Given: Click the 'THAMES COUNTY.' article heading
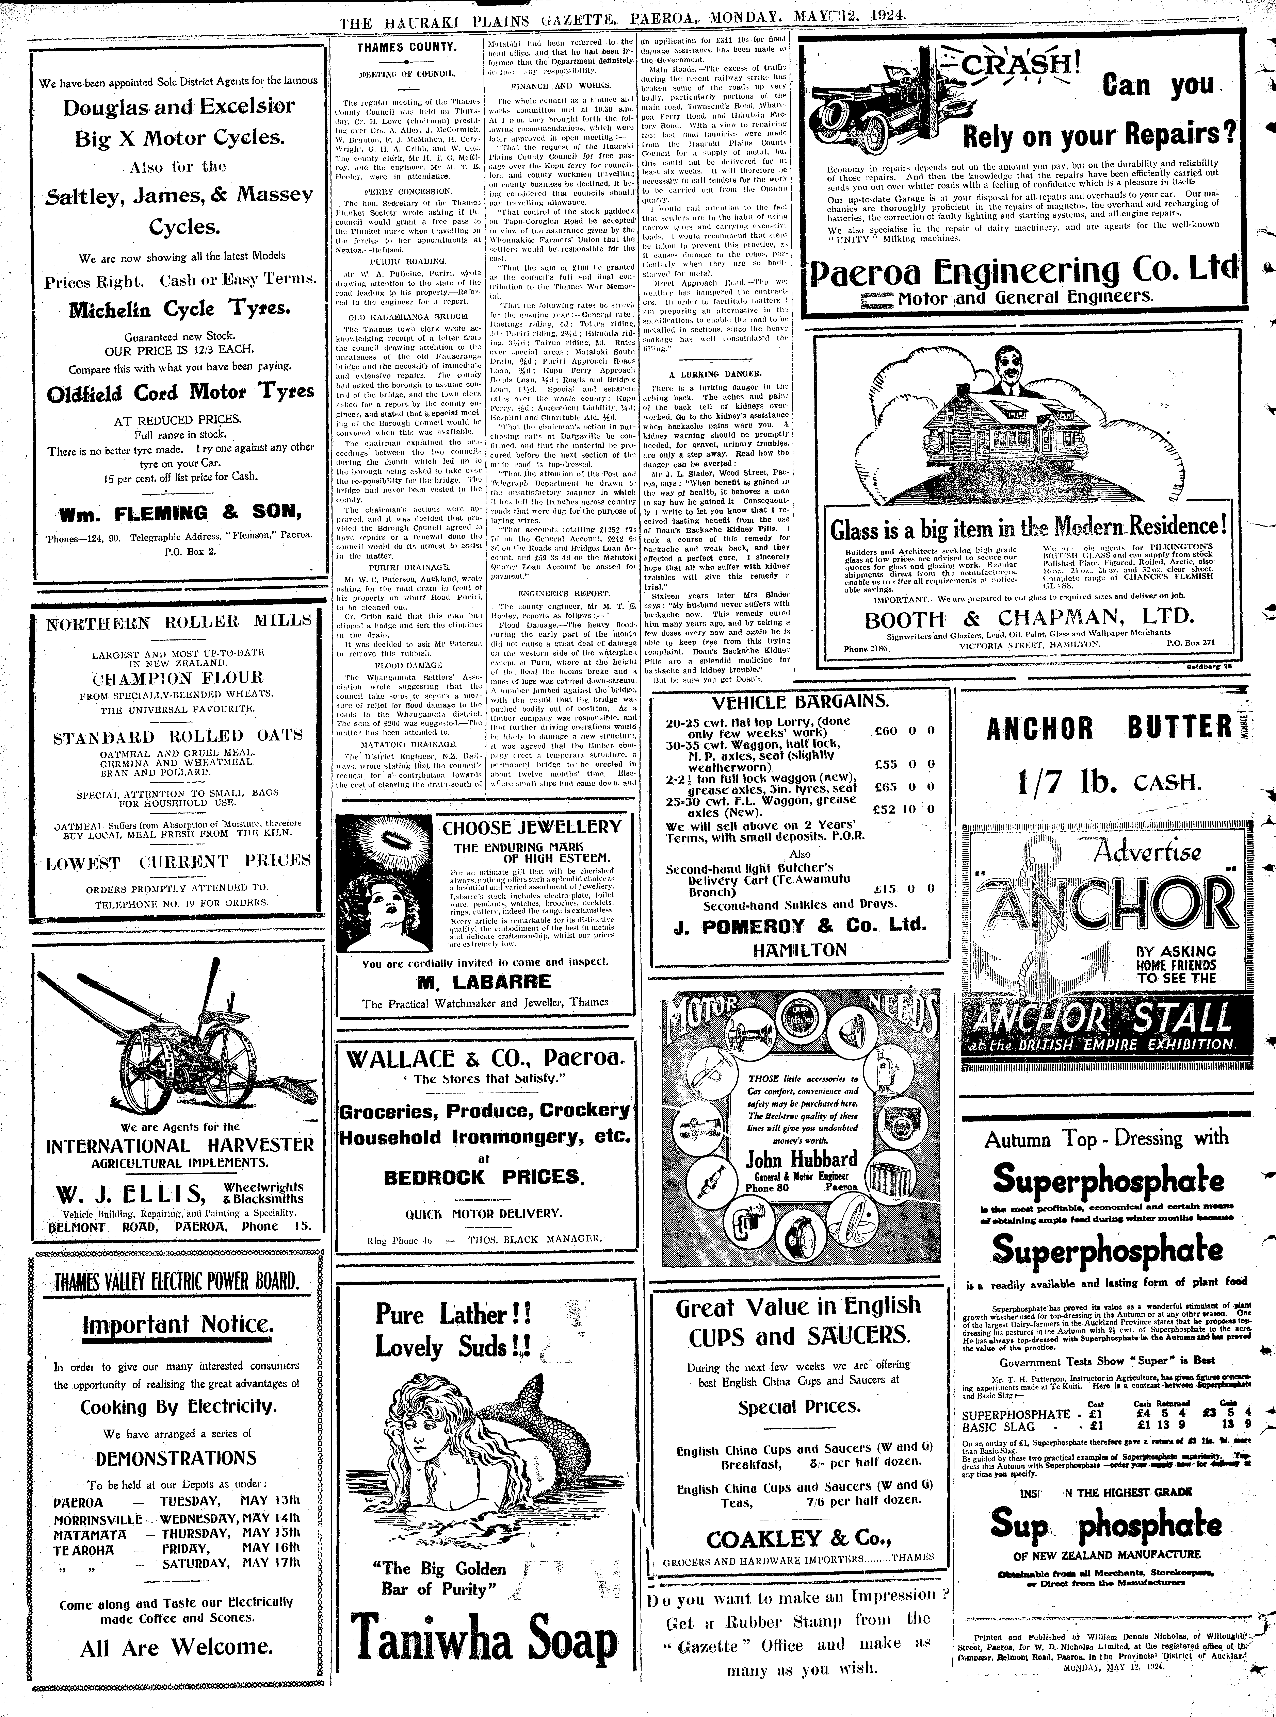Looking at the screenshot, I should point(406,47).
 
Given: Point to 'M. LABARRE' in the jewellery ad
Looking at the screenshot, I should point(484,982).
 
